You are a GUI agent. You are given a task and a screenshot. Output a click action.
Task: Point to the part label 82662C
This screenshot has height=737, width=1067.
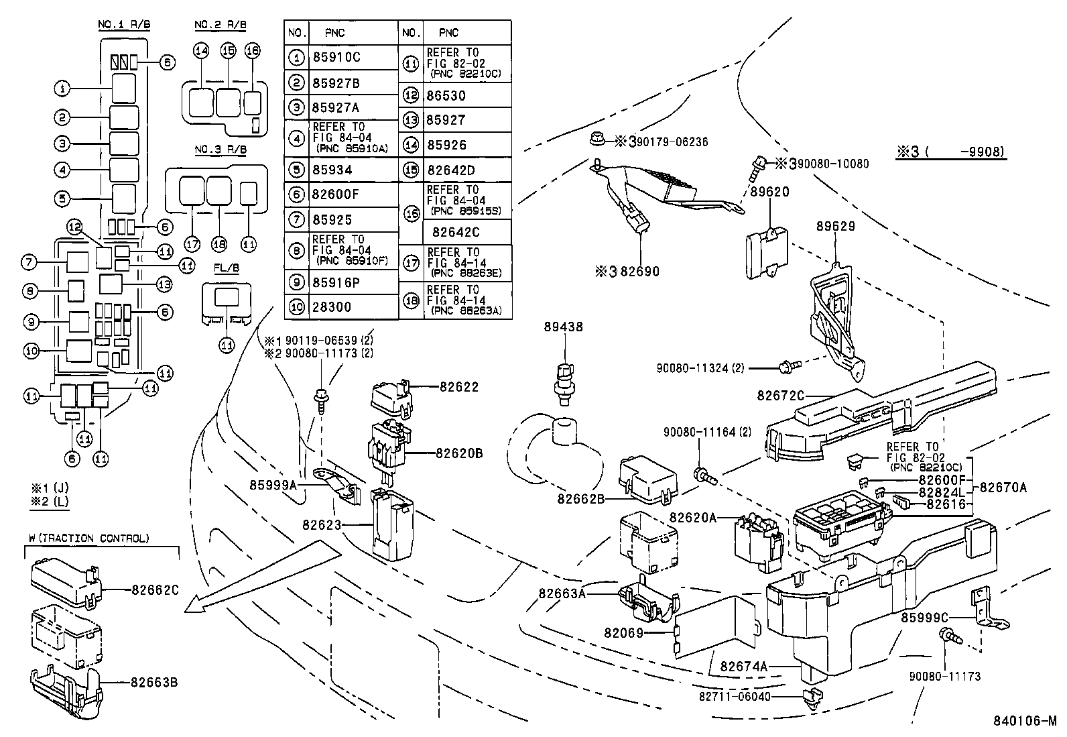pyautogui.click(x=154, y=590)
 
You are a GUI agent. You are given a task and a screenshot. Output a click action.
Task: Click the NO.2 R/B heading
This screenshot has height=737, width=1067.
pyautogui.click(x=221, y=25)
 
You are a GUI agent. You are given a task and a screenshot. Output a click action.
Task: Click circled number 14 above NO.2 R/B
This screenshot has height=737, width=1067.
pyautogui.click(x=201, y=50)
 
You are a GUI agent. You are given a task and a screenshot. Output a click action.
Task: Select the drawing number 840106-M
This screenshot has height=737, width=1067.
pyautogui.click(x=1024, y=721)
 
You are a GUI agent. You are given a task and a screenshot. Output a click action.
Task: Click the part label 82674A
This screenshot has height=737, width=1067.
pyautogui.click(x=744, y=667)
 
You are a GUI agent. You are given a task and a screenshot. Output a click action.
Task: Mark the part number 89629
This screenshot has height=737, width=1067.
pyautogui.click(x=835, y=227)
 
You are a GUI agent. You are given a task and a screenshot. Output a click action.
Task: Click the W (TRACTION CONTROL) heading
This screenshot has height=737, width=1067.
pyautogui.click(x=89, y=538)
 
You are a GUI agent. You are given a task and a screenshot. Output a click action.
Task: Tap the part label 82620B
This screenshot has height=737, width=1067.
pyautogui.click(x=459, y=453)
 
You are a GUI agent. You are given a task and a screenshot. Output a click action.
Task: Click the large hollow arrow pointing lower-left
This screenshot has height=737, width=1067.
pyautogui.click(x=261, y=577)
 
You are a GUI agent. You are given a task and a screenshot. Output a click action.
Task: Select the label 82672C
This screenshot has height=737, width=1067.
pyautogui.click(x=780, y=396)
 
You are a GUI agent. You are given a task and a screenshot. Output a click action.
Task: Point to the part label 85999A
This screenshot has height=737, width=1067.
pyautogui.click(x=273, y=483)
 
